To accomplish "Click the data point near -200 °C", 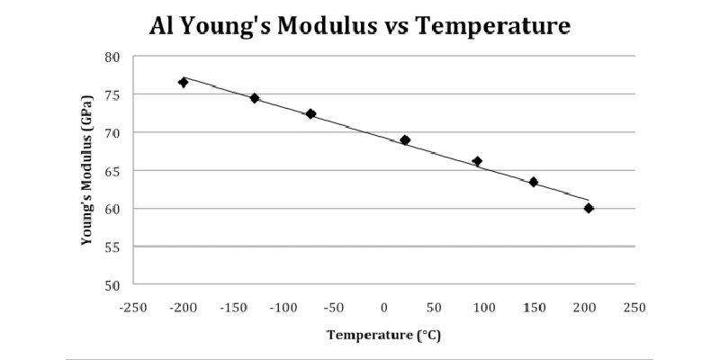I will point(184,82).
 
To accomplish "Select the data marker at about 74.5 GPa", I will point(255,98).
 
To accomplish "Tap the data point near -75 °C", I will point(311,114).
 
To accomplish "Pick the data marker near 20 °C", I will point(405,140).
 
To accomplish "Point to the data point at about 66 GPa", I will point(477,161).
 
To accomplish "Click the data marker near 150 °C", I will point(534,182).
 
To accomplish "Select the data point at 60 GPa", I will point(589,208).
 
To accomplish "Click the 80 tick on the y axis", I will point(112,57).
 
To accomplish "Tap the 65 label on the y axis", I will point(112,170).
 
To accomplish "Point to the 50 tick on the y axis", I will point(112,285).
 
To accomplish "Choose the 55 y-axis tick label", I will point(112,247).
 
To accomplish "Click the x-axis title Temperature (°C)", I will point(383,335).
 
